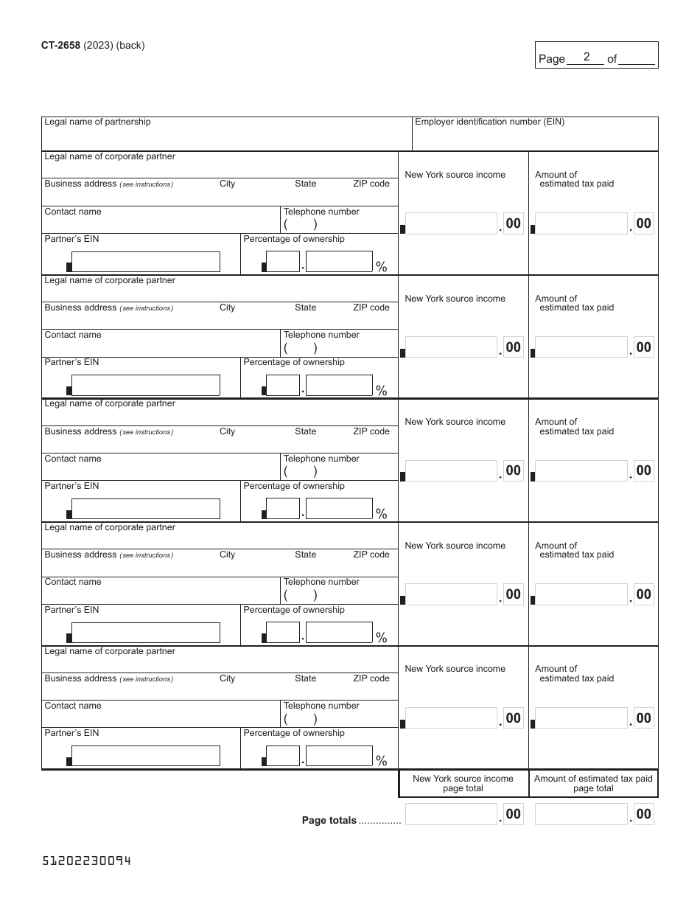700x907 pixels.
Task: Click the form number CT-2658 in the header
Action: click(61, 45)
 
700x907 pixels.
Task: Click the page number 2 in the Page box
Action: click(587, 57)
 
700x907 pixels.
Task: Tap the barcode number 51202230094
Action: click(87, 861)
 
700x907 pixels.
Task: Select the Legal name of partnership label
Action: click(97, 122)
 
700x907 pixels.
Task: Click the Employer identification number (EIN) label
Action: click(489, 122)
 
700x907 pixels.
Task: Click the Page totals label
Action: click(329, 820)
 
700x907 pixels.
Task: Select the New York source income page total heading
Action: click(463, 783)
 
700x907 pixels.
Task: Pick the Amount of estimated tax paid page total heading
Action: click(593, 783)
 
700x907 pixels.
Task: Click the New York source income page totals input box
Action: click(451, 814)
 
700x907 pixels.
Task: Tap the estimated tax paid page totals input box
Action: click(581, 814)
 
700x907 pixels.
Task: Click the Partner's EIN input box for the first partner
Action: click(146, 262)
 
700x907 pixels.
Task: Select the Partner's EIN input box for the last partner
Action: click(146, 756)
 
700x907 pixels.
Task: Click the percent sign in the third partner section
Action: click(382, 514)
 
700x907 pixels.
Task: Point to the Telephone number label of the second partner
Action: click(321, 335)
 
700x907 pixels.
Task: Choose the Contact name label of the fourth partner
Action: click(73, 582)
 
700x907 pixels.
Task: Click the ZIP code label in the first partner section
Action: click(371, 184)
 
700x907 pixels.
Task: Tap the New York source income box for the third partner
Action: click(451, 470)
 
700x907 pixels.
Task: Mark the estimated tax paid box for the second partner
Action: click(581, 347)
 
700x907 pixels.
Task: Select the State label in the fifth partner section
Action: click(305, 678)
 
